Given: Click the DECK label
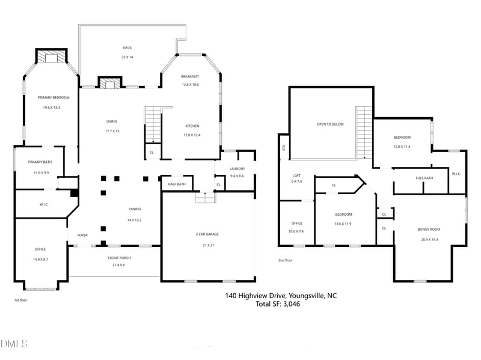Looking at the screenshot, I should pyautogui.click(x=127, y=48).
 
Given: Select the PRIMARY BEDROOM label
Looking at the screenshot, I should pyautogui.click(x=54, y=97).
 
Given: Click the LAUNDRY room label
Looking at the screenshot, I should pyautogui.click(x=236, y=169).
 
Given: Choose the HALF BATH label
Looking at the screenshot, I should pyautogui.click(x=177, y=184).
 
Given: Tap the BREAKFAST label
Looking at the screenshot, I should pyautogui.click(x=190, y=77).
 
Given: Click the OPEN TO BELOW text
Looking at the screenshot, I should pyautogui.click(x=330, y=124).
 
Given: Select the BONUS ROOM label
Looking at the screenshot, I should pyautogui.click(x=429, y=230).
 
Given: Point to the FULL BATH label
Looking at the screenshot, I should pyautogui.click(x=424, y=178).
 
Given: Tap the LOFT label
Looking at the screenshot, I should pyautogui.click(x=297, y=174).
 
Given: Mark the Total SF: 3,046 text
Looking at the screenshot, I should pyautogui.click(x=277, y=304).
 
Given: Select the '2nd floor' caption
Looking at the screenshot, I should pyautogui.click(x=285, y=260).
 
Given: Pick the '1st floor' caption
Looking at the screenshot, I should pyautogui.click(x=20, y=299).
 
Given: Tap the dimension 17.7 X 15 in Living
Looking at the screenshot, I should pyautogui.click(x=112, y=130).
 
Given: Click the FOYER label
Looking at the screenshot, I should pyautogui.click(x=82, y=235).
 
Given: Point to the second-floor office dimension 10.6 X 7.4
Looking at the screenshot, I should pyautogui.click(x=296, y=231).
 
